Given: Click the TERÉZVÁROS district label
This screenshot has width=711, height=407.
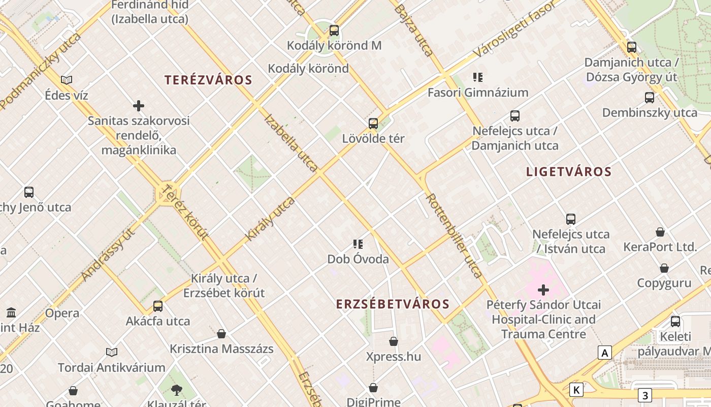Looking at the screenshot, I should tap(208, 80).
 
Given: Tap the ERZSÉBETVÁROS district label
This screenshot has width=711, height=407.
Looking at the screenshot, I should tap(393, 304).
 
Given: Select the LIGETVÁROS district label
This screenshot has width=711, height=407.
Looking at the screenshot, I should tap(569, 171).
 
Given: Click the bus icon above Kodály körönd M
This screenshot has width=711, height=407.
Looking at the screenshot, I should tap(334, 31).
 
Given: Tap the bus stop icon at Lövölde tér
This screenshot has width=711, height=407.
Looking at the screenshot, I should tap(373, 124).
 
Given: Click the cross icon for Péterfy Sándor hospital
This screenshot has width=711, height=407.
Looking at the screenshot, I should tap(543, 290).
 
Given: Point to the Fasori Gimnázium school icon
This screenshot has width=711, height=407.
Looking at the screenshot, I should tap(477, 77).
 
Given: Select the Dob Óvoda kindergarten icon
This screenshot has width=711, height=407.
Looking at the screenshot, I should tap(358, 244).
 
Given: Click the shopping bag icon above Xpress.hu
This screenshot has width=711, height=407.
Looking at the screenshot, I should tap(394, 341).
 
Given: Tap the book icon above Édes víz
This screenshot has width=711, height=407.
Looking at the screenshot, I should tap(67, 80).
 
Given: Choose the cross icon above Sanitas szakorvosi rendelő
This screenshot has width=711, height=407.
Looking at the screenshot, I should tap(139, 106).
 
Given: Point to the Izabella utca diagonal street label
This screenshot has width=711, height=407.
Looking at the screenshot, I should tap(292, 142).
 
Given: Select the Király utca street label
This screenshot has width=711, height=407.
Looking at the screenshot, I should tap(270, 219).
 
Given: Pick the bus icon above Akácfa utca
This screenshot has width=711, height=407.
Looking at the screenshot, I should tap(158, 306).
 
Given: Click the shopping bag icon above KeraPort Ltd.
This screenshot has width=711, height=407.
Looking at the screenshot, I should tap(660, 232).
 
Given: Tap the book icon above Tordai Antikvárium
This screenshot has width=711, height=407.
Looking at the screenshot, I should tap(112, 352).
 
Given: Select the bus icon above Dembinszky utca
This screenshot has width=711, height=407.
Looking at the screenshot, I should tap(650, 98).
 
